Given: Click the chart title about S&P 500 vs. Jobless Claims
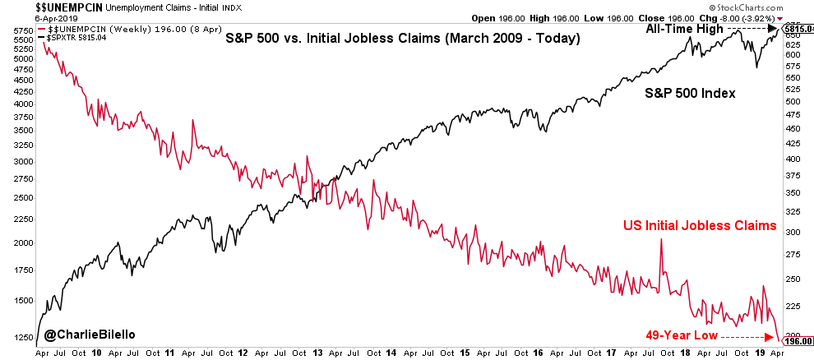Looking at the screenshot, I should coord(403,39).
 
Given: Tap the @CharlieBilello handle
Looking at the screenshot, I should coord(90,335).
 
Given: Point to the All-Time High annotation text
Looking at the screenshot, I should coord(682,28).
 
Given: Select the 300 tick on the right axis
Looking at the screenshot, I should coord(792,233).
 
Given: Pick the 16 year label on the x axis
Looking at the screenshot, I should coord(539,352).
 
